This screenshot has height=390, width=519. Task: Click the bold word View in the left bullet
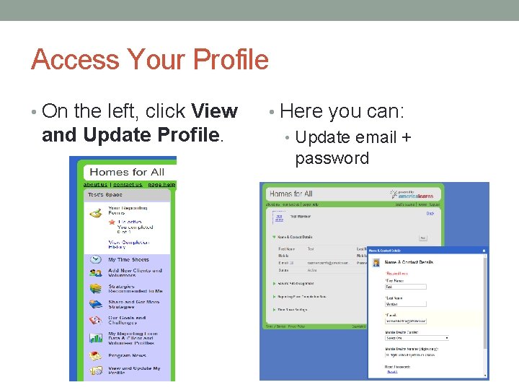coord(215,111)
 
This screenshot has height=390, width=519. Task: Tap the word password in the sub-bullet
coord(332,158)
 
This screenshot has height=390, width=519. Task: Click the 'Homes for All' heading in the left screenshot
coord(126,172)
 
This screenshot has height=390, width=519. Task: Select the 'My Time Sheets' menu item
coord(128,259)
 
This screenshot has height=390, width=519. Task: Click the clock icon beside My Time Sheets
coord(95,259)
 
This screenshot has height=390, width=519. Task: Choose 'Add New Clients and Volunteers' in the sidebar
coord(135,273)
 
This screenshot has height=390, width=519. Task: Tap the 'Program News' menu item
coord(127,355)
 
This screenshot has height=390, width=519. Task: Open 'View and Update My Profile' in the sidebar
coord(134,371)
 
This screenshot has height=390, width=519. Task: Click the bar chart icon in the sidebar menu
coord(95,338)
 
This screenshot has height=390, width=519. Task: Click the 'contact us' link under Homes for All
coord(127,185)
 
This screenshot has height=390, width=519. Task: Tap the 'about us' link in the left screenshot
coord(94,185)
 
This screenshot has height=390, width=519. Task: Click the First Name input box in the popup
coord(406,287)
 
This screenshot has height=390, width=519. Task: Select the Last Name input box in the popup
coord(406,304)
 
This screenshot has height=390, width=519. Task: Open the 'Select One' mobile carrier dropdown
coord(417,337)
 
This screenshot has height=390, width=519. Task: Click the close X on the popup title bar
coord(484,251)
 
